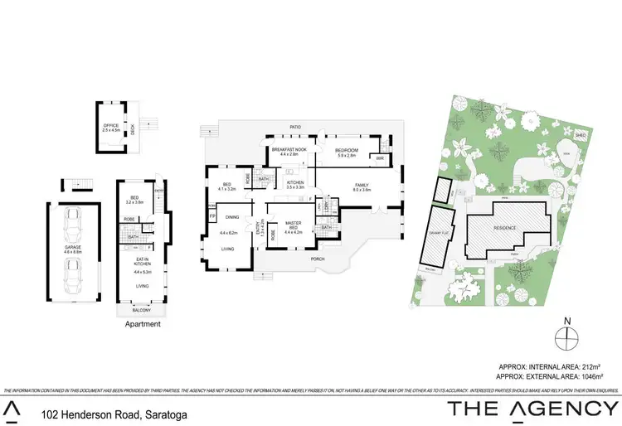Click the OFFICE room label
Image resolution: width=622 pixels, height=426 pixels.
110,127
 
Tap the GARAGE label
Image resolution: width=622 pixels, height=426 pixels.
73,247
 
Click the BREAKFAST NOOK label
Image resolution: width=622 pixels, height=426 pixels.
289,150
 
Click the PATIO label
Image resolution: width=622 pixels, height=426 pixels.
294,127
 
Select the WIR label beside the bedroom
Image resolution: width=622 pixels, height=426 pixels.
379,158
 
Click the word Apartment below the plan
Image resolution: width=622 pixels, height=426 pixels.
142,324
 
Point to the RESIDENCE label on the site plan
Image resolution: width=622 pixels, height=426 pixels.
506,228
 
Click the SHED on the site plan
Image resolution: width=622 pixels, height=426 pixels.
581,133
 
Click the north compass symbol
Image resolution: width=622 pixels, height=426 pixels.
566,337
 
